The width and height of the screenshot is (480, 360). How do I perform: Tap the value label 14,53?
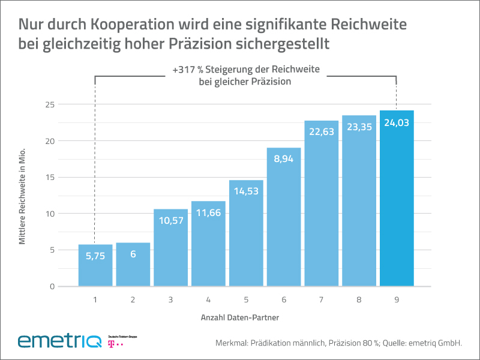point(246,193)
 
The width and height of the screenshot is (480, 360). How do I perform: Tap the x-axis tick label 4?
point(208,298)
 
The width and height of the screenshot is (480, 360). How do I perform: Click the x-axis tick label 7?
point(322,298)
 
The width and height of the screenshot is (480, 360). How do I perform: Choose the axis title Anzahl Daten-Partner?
point(238,316)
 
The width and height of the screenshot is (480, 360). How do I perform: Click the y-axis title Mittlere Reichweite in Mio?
point(23,196)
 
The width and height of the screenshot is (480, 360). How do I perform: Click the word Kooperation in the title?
point(135,25)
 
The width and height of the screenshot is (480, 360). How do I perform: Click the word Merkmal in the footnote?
point(230,343)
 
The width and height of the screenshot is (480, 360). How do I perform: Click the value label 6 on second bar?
point(133,255)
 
